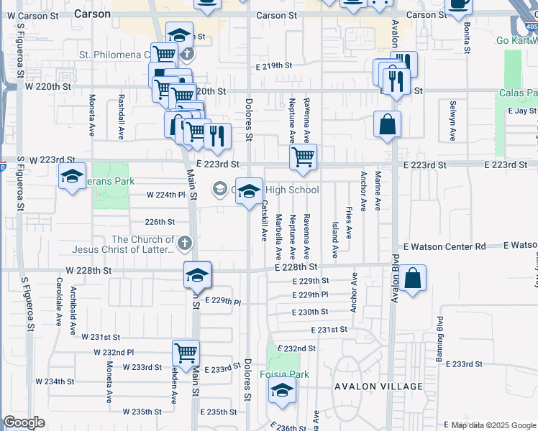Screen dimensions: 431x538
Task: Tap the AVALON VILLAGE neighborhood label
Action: tap(378, 386)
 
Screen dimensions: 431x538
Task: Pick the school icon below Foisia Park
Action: tap(283, 391)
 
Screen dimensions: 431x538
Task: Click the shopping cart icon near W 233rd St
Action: tap(186, 353)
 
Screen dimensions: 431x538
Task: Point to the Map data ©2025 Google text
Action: tap(493, 425)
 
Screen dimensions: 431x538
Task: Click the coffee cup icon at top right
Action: tap(458, 4)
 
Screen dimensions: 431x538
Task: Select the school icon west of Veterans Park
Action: tap(72, 176)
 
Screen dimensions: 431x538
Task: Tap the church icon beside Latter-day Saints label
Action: tap(184, 244)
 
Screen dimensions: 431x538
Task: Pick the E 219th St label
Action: tap(274, 65)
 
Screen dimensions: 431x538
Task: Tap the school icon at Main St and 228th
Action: tap(196, 274)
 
